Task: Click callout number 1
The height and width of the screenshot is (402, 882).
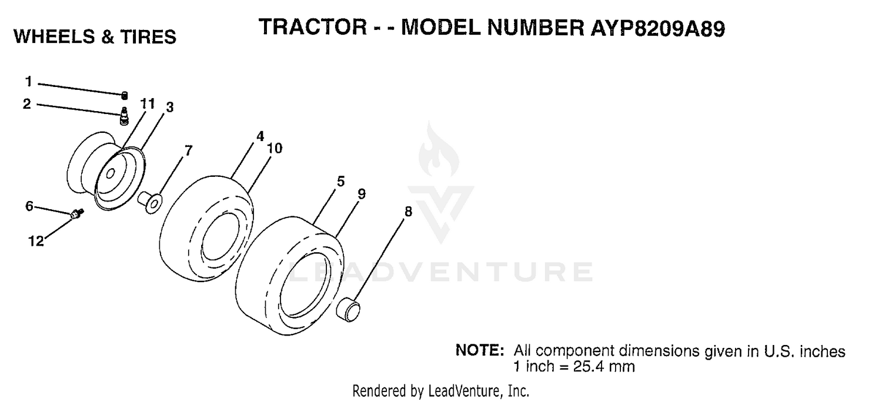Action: [x=28, y=82]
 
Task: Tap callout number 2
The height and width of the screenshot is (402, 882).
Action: [x=27, y=104]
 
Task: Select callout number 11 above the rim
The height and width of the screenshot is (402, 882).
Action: [x=148, y=103]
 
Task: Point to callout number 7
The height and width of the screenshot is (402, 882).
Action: [x=189, y=150]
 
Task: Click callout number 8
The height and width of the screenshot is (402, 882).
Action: [x=408, y=212]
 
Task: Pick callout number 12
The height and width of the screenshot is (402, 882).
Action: [x=35, y=241]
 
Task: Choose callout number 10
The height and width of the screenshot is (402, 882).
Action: [x=275, y=149]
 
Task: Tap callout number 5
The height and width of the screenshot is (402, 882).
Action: [x=341, y=182]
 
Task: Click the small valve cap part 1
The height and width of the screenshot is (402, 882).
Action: [x=125, y=95]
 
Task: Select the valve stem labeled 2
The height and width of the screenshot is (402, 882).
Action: [x=124, y=116]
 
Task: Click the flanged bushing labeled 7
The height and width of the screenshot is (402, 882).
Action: [x=151, y=202]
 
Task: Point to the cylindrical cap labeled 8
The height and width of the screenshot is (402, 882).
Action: [x=348, y=310]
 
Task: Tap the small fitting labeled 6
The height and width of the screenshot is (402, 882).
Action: [x=76, y=214]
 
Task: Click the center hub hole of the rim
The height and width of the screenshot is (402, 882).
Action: [x=111, y=173]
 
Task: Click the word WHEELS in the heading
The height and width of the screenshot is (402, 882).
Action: [x=54, y=36]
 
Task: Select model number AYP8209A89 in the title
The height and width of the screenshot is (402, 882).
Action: [x=657, y=28]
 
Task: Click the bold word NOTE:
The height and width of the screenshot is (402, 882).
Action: [x=480, y=350]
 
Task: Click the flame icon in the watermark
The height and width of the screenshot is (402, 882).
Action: [x=438, y=152]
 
